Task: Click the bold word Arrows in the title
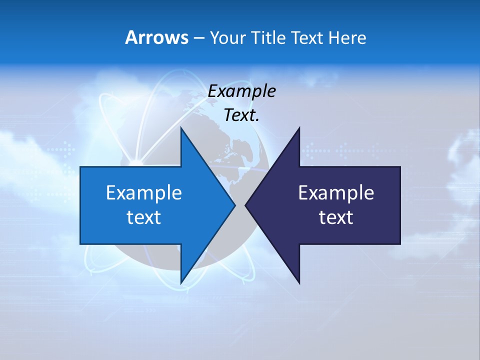156,37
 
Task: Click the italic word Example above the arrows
241,91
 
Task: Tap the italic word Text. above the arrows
241,115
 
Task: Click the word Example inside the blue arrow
144,192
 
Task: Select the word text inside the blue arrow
144,217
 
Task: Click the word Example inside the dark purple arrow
336,192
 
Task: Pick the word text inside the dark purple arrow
336,217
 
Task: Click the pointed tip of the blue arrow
234,205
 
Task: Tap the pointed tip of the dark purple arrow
246,205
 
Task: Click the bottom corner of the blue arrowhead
181,282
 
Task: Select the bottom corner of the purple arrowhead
299,282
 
